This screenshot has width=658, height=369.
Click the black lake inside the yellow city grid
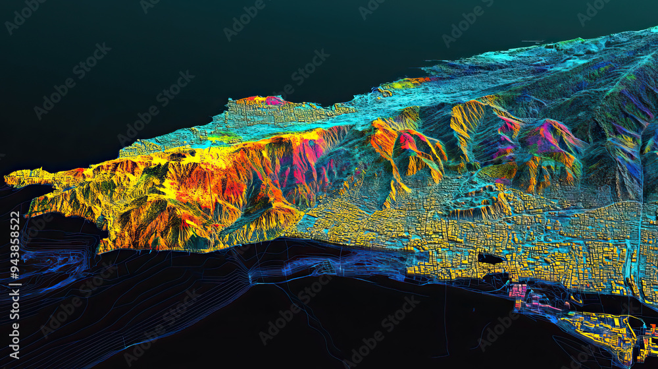492,258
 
